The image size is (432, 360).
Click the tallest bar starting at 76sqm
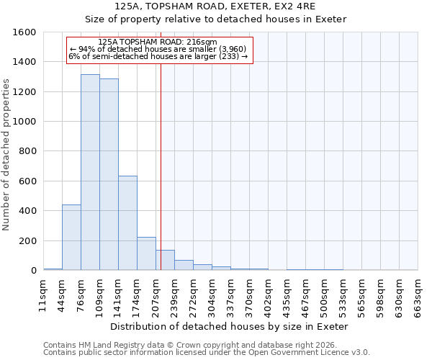click(90, 173)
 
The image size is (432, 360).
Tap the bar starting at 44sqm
click(71, 238)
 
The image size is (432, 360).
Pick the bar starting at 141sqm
click(127, 223)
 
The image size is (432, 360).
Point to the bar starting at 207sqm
click(165, 260)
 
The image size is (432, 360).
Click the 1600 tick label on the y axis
click(24, 32)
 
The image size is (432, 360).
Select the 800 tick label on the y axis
click(27, 151)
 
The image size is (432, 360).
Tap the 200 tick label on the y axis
click(27, 240)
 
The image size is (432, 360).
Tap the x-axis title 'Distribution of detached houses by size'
click(230, 326)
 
